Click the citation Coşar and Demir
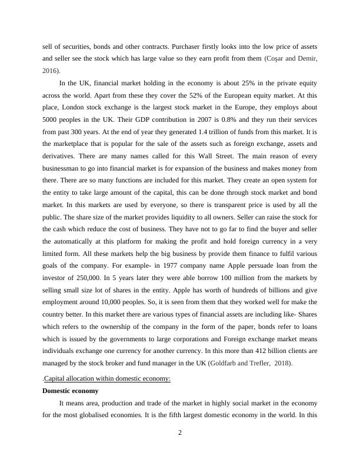293,59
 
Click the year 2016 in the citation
50,70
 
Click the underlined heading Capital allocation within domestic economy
107,378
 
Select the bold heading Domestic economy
70,391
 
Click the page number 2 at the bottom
180,434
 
